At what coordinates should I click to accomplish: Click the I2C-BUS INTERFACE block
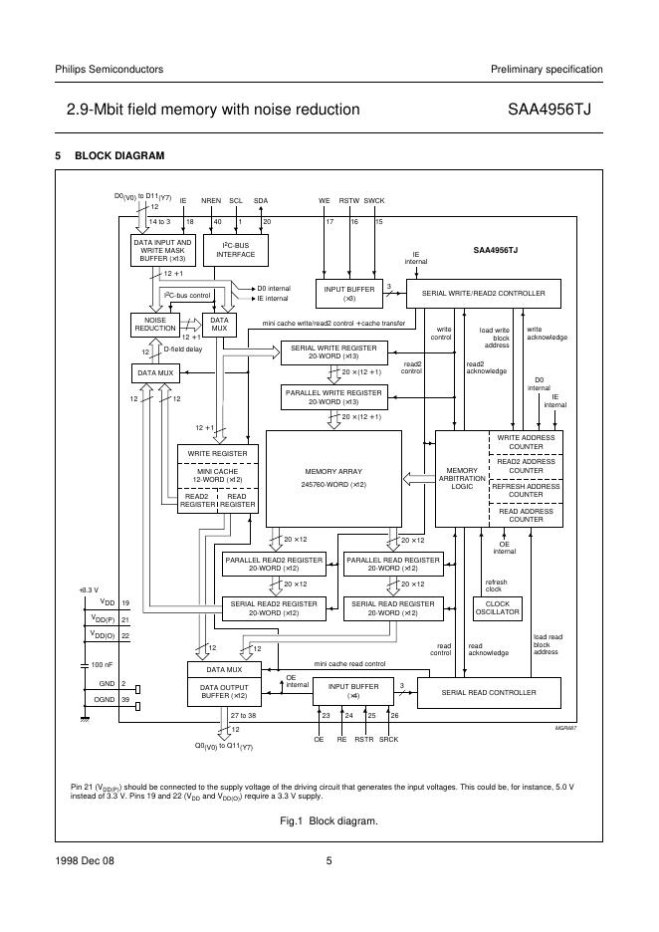(x=238, y=250)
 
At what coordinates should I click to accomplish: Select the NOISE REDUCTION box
(x=154, y=324)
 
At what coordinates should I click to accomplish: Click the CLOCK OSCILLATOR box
(x=497, y=607)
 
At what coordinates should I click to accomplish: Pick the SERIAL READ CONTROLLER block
(x=488, y=692)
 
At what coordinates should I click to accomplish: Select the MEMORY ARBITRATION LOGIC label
(x=461, y=478)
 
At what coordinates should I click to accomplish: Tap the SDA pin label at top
(x=261, y=200)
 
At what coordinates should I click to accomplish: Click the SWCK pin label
(x=374, y=200)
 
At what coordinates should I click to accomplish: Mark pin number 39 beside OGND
(x=125, y=700)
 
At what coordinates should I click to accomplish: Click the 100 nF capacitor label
(x=103, y=663)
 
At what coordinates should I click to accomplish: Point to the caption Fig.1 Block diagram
(x=329, y=820)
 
